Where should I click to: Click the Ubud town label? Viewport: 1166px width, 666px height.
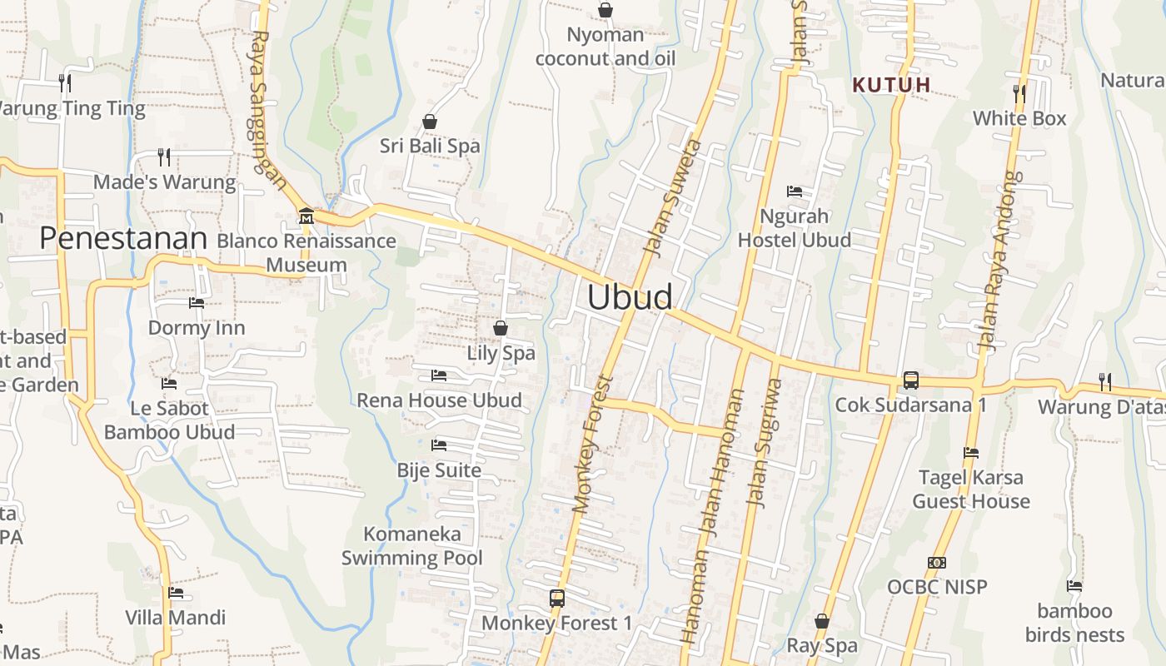(x=630, y=297)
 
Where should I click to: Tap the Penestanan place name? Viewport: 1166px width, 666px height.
(x=123, y=239)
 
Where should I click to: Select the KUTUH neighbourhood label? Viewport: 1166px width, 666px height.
(x=892, y=85)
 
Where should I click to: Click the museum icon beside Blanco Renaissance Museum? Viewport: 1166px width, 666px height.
(x=306, y=216)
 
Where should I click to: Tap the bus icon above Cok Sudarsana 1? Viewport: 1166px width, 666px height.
(x=910, y=380)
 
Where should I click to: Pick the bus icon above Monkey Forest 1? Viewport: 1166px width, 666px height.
(x=557, y=598)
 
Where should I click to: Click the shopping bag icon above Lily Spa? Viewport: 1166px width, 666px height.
(x=501, y=328)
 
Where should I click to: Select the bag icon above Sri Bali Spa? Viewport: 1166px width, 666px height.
(x=430, y=122)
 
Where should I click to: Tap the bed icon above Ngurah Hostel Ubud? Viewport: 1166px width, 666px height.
(x=795, y=191)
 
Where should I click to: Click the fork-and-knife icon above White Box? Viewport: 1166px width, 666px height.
(x=1019, y=92)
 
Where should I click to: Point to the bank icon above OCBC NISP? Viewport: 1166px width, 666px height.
(x=937, y=563)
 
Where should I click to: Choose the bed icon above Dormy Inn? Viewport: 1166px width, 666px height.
(x=197, y=303)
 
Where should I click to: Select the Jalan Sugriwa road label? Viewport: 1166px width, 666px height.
(x=765, y=442)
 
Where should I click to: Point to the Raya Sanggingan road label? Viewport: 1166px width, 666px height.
(x=270, y=112)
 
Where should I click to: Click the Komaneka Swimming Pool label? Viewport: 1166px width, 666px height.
(x=412, y=545)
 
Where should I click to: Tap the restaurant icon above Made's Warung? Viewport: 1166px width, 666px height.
(x=164, y=157)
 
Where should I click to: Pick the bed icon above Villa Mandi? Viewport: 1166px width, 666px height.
(x=176, y=593)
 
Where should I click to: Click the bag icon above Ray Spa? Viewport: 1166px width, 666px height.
(x=822, y=621)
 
